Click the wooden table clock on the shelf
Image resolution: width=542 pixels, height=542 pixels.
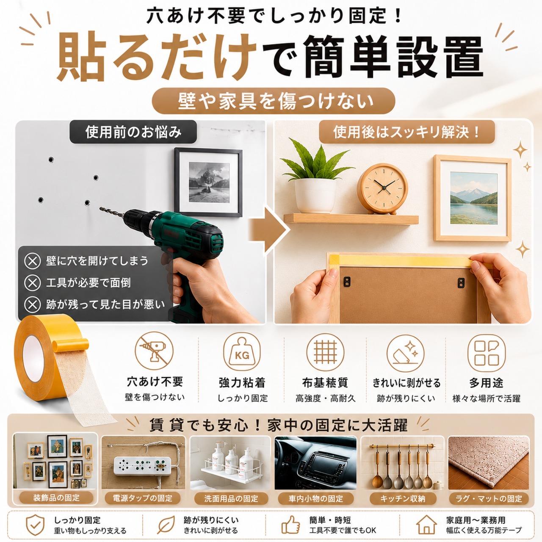tap(382, 188)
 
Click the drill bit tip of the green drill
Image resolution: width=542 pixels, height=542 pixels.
tap(100, 208)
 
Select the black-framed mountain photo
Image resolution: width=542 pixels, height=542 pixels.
tap(208, 182)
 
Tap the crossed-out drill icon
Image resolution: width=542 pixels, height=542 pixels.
tap(154, 351)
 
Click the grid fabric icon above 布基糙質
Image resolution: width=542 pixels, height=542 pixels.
tap(326, 352)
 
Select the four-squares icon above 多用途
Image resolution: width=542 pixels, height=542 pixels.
tap(486, 353)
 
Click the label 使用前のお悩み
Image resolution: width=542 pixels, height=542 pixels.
tap(133, 132)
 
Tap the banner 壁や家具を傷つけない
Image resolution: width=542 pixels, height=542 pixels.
tap(274, 101)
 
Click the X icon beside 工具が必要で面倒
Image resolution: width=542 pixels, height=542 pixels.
tap(32, 282)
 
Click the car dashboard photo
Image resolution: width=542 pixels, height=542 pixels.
tap(315, 463)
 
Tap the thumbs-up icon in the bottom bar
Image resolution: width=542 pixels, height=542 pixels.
tap(290, 525)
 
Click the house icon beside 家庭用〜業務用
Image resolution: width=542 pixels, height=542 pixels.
tap(427, 525)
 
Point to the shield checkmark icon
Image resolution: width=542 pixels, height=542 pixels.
tap(35, 525)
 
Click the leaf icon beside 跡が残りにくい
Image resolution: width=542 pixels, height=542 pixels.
tap(166, 525)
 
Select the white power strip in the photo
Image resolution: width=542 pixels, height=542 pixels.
tap(143, 464)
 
